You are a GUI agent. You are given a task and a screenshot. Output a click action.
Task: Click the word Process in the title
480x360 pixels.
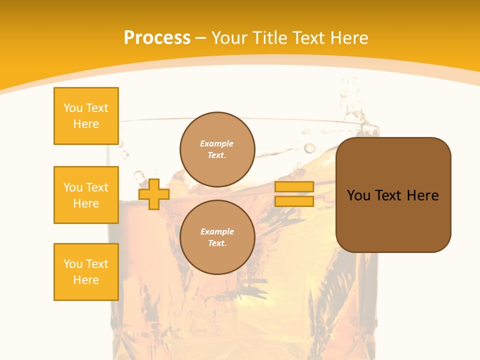click(157, 38)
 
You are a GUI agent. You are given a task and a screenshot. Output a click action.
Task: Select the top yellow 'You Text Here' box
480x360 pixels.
click(86, 116)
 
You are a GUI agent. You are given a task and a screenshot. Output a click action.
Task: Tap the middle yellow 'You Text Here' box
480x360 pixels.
click(86, 195)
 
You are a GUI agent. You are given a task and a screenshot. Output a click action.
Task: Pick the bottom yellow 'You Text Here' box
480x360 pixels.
click(86, 272)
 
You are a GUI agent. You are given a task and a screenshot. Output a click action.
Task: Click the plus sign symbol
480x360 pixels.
click(154, 194)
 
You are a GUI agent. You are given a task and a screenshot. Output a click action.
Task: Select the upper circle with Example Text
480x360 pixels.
click(217, 149)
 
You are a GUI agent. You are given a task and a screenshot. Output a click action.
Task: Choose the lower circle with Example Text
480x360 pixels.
click(217, 237)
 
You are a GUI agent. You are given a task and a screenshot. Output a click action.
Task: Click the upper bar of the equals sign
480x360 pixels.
click(294, 186)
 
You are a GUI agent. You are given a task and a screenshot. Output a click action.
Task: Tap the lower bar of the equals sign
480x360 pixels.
click(294, 201)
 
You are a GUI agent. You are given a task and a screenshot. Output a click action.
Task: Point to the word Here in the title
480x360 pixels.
click(348, 38)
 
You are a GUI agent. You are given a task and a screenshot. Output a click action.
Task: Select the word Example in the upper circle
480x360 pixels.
click(217, 143)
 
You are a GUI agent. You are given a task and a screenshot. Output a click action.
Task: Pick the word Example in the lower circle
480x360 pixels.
click(217, 231)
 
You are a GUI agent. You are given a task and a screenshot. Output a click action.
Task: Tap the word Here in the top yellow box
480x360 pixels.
click(86, 124)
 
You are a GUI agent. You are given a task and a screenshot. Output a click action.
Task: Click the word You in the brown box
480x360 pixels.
click(358, 195)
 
